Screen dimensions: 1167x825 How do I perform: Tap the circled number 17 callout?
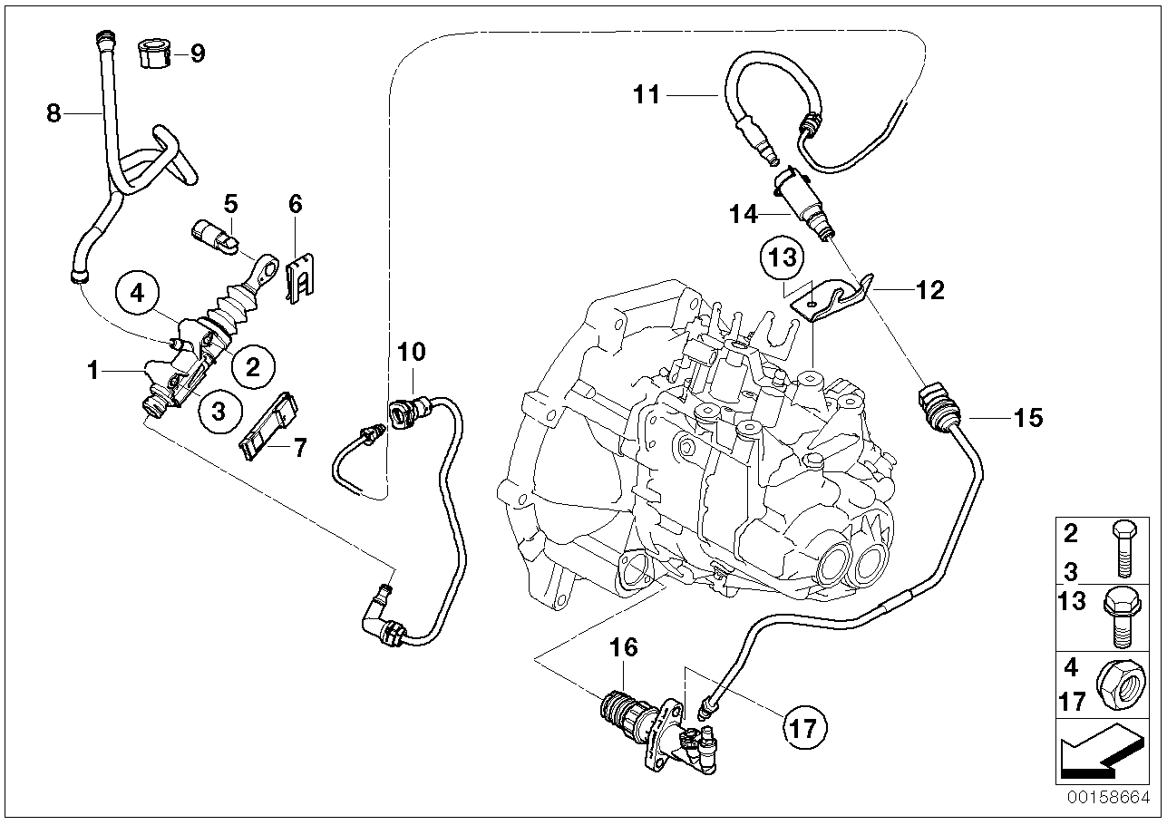pos(804,728)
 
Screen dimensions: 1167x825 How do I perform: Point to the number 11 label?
pos(647,95)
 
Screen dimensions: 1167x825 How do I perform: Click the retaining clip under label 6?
pos(301,278)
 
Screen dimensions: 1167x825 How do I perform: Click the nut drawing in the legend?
pos(1121,684)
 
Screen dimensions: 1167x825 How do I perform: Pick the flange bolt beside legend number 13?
pos(1121,618)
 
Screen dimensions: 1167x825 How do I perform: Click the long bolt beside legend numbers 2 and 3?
pos(1123,549)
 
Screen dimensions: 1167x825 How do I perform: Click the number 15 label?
pos(1028,418)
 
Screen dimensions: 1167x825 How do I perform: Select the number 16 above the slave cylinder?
pos(624,647)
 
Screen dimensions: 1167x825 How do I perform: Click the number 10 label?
pos(412,352)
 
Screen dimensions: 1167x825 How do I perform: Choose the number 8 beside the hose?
pos(53,113)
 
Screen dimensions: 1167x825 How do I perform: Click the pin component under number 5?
pos(216,237)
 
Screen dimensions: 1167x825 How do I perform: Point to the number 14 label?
pos(743,214)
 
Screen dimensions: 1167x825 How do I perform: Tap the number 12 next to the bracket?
pos(930,290)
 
